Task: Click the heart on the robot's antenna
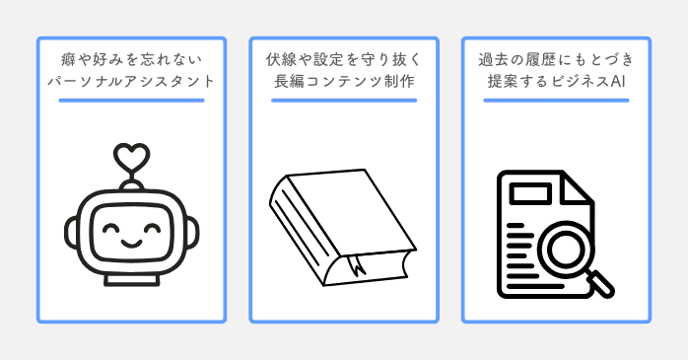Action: coord(131,156)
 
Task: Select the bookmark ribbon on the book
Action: coord(352,267)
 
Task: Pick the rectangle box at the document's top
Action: coord(530,188)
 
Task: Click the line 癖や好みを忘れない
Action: coord(131,57)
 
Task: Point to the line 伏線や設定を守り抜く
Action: coord(344,57)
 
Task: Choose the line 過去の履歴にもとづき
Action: coord(556,57)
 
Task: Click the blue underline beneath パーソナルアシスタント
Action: coord(131,101)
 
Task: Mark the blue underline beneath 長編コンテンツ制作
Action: coord(344,101)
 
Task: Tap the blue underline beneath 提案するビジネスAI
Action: coord(556,101)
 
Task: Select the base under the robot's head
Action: coord(131,278)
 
